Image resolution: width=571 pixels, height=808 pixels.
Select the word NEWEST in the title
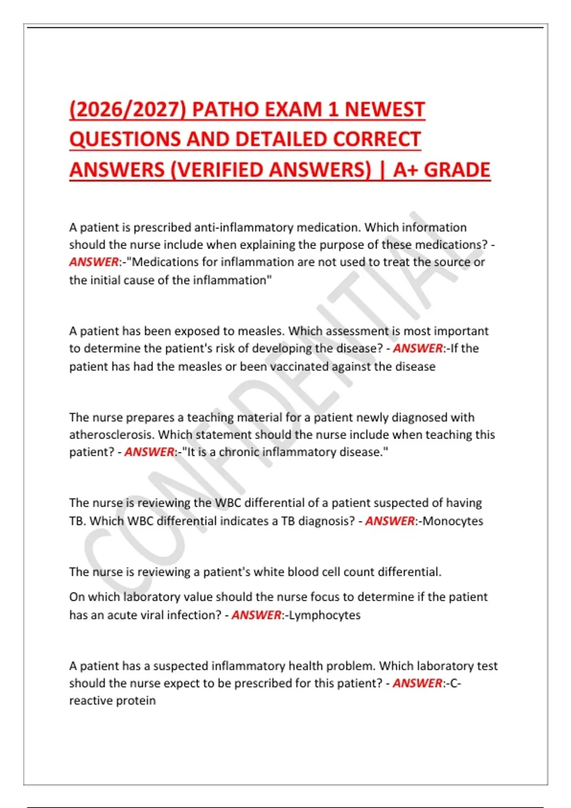pyautogui.click(x=384, y=109)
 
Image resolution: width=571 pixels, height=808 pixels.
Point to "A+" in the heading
pyautogui.click(x=405, y=170)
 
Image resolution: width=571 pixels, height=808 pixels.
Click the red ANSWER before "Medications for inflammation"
pyautogui.click(x=94, y=262)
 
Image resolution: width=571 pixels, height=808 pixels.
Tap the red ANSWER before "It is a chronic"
pyautogui.click(x=149, y=452)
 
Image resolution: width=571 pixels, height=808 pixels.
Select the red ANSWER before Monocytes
pyautogui.click(x=390, y=521)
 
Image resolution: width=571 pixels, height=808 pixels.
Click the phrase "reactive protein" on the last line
pyautogui.click(x=112, y=701)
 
